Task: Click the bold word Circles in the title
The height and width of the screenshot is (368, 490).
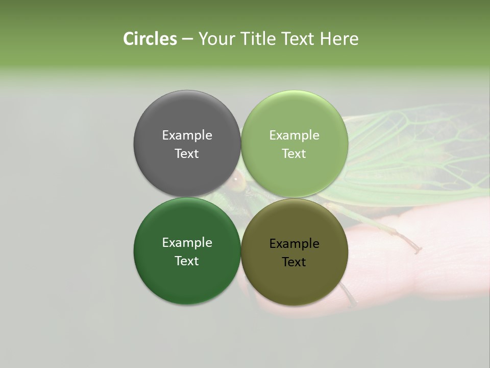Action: coord(150,39)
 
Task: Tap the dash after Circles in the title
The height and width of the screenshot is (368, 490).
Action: coord(187,39)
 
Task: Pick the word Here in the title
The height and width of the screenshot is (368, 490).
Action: coord(339,39)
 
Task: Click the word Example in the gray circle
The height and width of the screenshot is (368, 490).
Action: coord(187,135)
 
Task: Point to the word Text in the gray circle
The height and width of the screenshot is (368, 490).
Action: coord(187,153)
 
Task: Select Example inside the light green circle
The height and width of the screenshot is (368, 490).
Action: coord(294,135)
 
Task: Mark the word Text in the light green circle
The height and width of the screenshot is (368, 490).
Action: coord(294,153)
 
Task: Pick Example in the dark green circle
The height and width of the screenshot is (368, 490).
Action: coord(187,242)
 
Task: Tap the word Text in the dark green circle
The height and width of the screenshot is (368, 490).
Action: coord(187,261)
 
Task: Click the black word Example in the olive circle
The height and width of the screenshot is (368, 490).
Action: coord(294,243)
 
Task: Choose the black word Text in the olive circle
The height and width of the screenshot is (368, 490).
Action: coord(294,262)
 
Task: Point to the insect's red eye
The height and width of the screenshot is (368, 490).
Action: coord(237,179)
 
